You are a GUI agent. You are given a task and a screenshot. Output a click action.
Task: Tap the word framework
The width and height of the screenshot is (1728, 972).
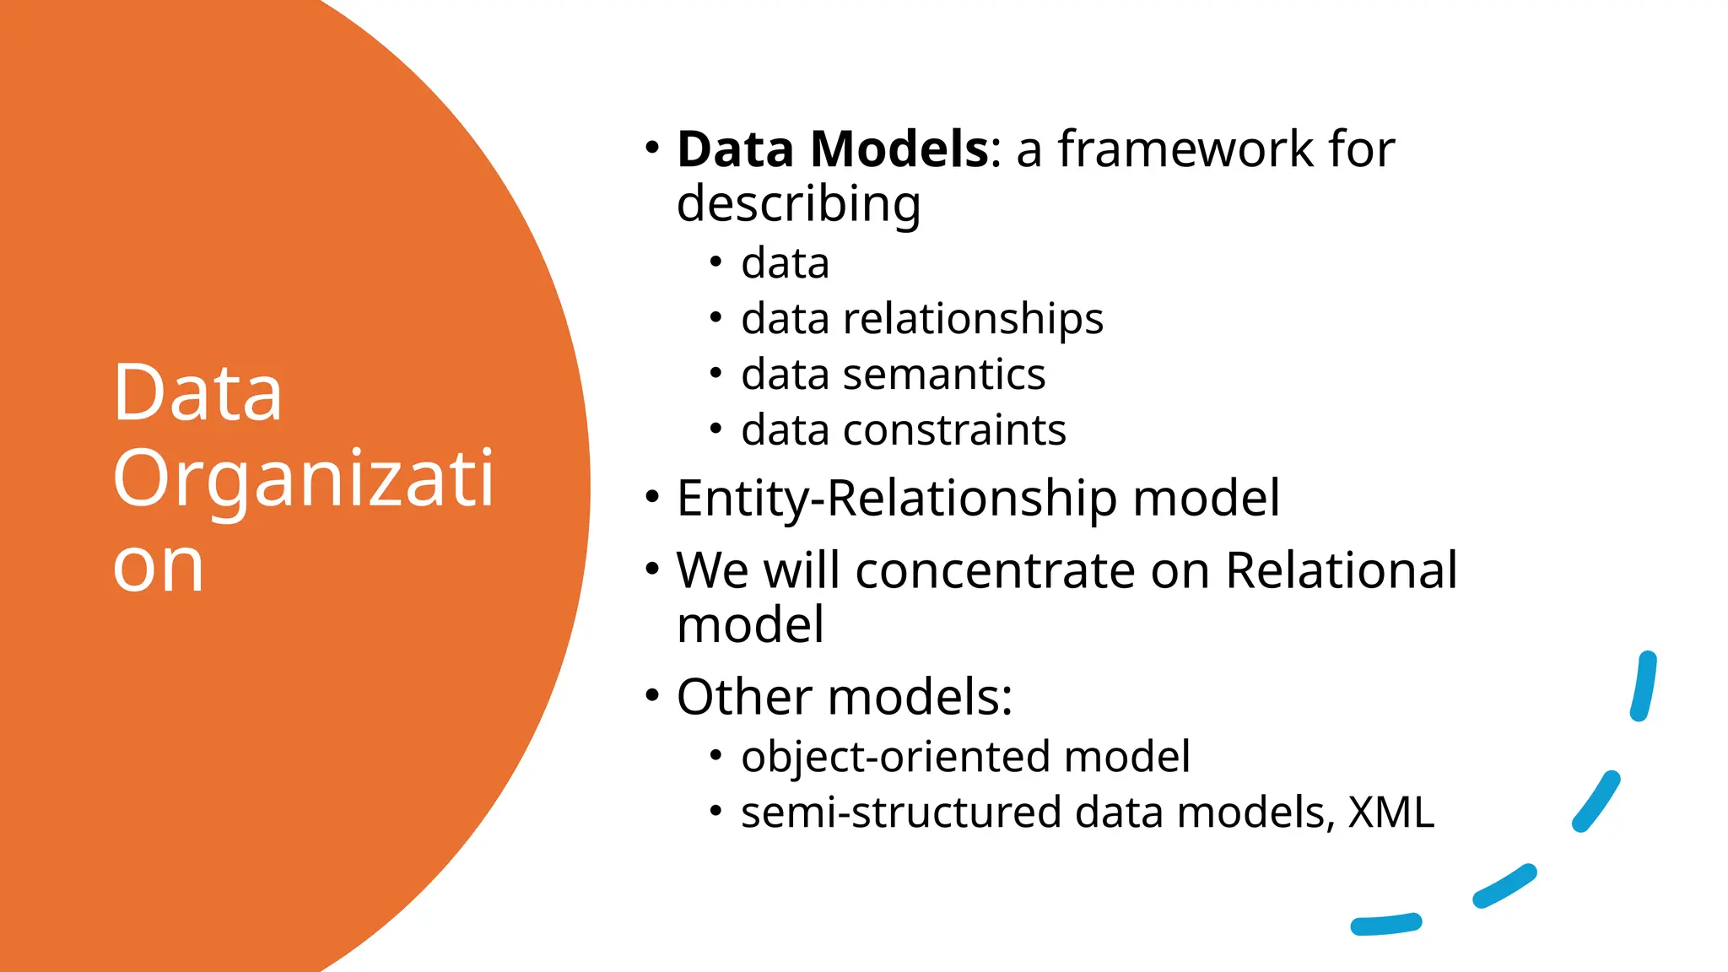pyautogui.click(x=1185, y=149)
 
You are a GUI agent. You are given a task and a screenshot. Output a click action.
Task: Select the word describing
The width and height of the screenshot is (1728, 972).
pyautogui.click(x=798, y=205)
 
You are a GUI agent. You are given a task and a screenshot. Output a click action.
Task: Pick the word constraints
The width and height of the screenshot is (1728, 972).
pyautogui.click(x=954, y=430)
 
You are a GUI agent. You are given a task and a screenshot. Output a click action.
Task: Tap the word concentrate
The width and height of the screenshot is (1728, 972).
pyautogui.click(x=996, y=570)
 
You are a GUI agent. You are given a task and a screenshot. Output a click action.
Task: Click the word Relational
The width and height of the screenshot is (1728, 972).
pyautogui.click(x=1341, y=570)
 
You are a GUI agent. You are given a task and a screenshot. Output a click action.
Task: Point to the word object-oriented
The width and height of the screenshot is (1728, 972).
pyautogui.click(x=894, y=756)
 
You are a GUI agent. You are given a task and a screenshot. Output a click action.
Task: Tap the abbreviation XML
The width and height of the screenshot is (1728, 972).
pyautogui.click(x=1390, y=813)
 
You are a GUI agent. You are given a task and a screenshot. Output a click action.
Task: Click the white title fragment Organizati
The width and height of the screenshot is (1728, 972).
pyautogui.click(x=303, y=479)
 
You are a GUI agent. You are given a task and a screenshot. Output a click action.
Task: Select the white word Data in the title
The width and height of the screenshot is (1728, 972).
pyautogui.click(x=197, y=392)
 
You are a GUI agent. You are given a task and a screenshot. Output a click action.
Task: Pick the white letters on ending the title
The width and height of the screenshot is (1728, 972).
pyautogui.click(x=159, y=566)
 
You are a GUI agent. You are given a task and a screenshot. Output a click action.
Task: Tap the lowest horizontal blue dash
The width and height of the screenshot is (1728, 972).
pyautogui.click(x=1385, y=925)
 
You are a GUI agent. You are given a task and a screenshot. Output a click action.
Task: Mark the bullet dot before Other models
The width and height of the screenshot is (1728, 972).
pyautogui.click(x=651, y=696)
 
